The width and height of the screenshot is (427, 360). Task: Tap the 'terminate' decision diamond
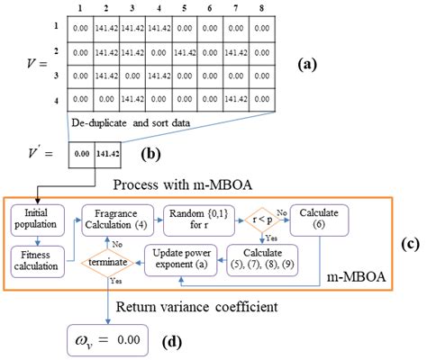pos(111,263)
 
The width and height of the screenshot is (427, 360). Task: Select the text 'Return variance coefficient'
pos(204,305)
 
